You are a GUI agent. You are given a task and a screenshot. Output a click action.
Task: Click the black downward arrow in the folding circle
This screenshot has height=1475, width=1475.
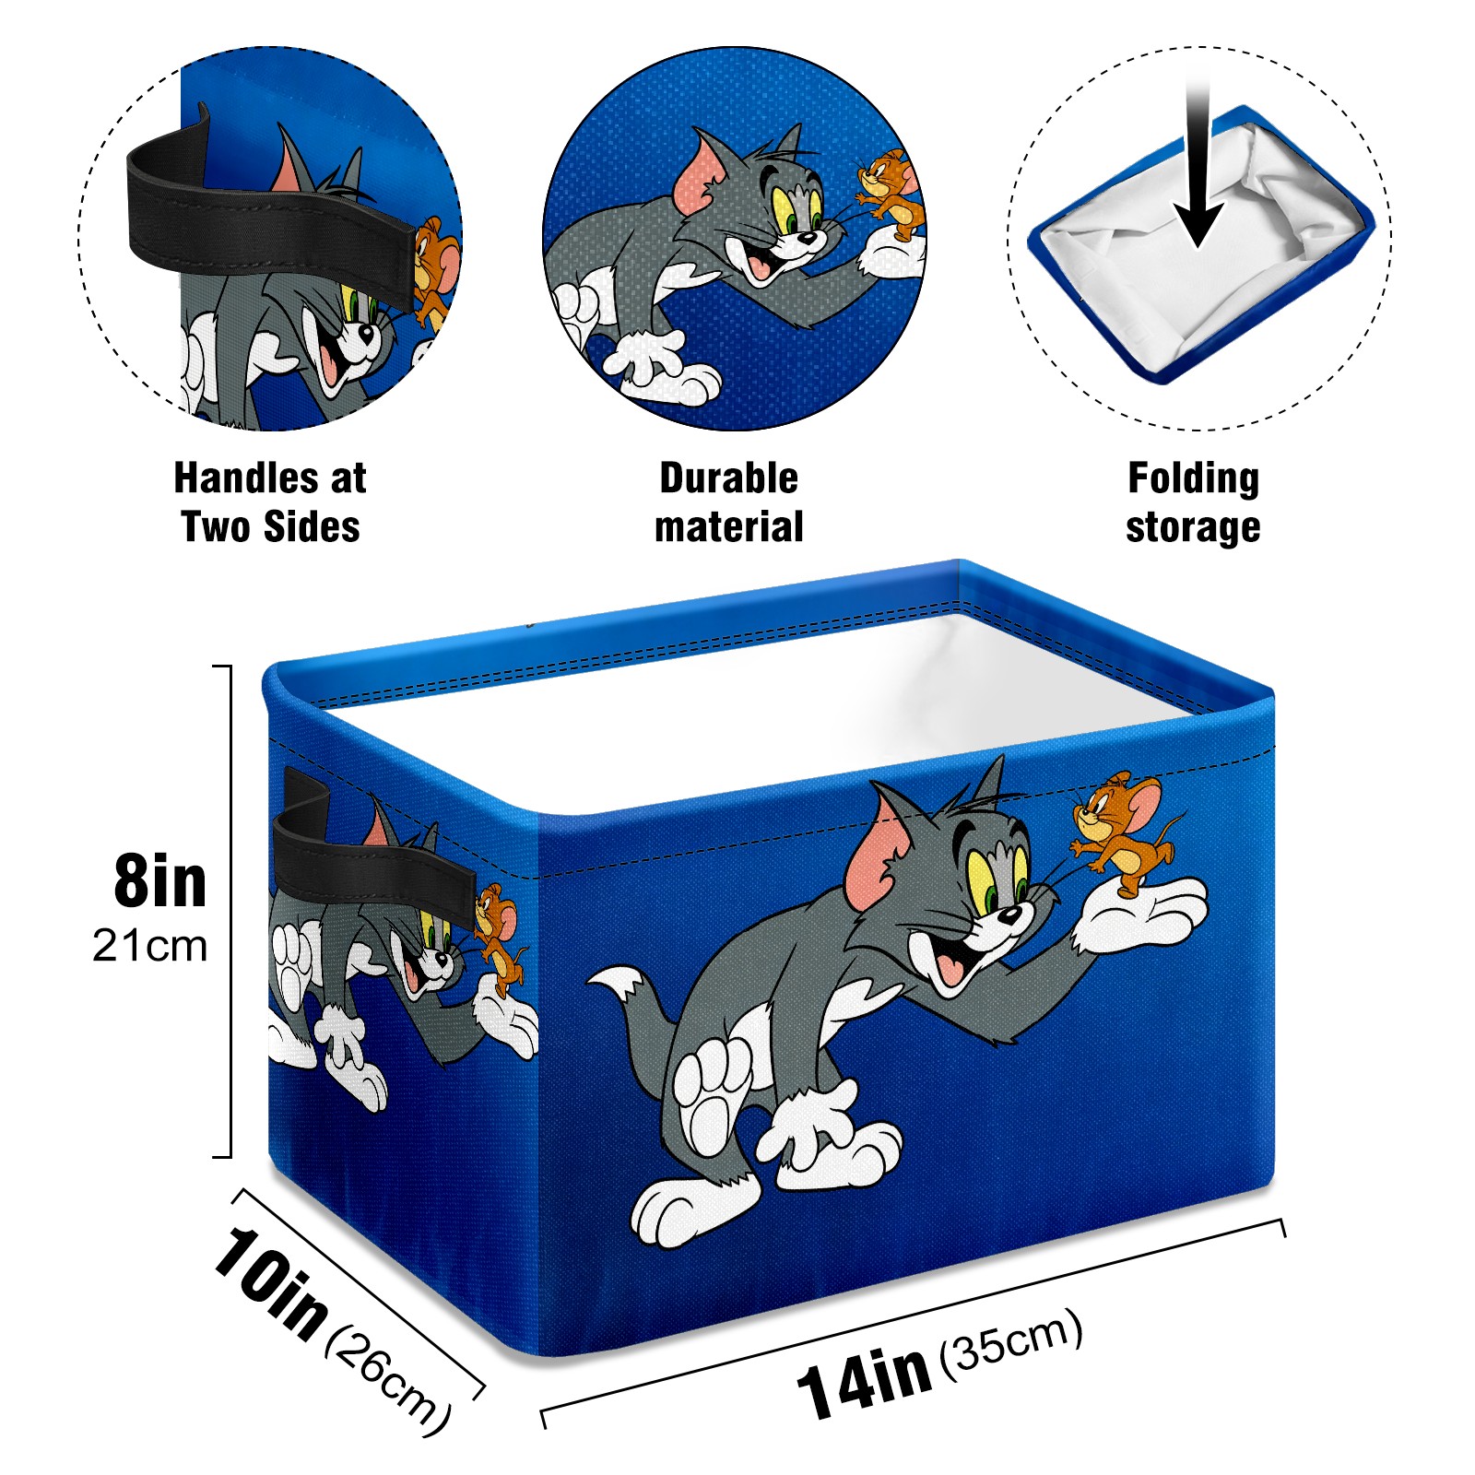[1198, 166]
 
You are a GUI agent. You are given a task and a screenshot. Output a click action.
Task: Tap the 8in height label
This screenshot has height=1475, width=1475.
[159, 882]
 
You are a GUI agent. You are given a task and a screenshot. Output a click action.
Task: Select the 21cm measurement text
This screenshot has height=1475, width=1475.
[150, 946]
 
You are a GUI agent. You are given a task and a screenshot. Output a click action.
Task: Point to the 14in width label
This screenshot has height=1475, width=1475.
[864, 1379]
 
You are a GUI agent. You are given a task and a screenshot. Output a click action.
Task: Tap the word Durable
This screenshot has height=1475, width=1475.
[728, 478]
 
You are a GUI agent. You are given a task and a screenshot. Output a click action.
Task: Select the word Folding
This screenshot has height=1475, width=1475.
[1193, 479]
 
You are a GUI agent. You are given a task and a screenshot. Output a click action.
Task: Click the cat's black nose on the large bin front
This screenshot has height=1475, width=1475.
[1009, 914]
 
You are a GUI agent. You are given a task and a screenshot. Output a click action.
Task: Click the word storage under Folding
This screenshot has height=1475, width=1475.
[1193, 527]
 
